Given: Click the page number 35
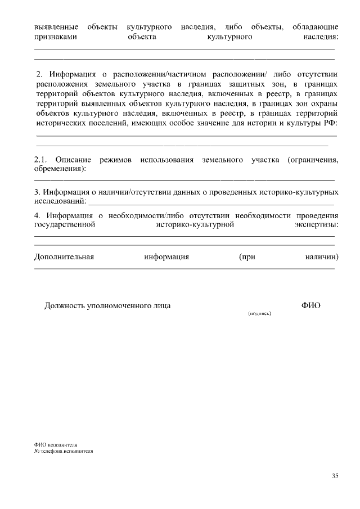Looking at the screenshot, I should coord(335,476).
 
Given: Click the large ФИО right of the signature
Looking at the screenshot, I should coord(311,305).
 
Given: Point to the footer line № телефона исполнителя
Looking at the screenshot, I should coord(62,451).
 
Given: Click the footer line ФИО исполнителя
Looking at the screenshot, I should coord(55,444).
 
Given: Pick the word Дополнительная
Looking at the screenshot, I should coord(64,257).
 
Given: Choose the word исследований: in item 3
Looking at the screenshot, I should coord(61,201).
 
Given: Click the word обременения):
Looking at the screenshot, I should coord(60,169).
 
